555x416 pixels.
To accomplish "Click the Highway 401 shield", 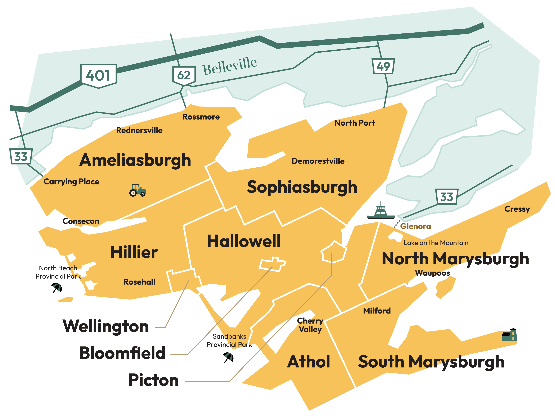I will (99, 76).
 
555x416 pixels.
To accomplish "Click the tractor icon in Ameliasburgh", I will (138, 190).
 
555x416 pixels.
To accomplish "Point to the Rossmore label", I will (201, 117).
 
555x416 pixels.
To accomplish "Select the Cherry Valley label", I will (310, 325).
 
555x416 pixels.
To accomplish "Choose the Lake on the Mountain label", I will (436, 243).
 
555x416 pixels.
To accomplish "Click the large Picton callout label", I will (153, 380).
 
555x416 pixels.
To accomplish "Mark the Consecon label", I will (81, 221).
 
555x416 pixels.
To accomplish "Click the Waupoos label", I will (432, 273).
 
